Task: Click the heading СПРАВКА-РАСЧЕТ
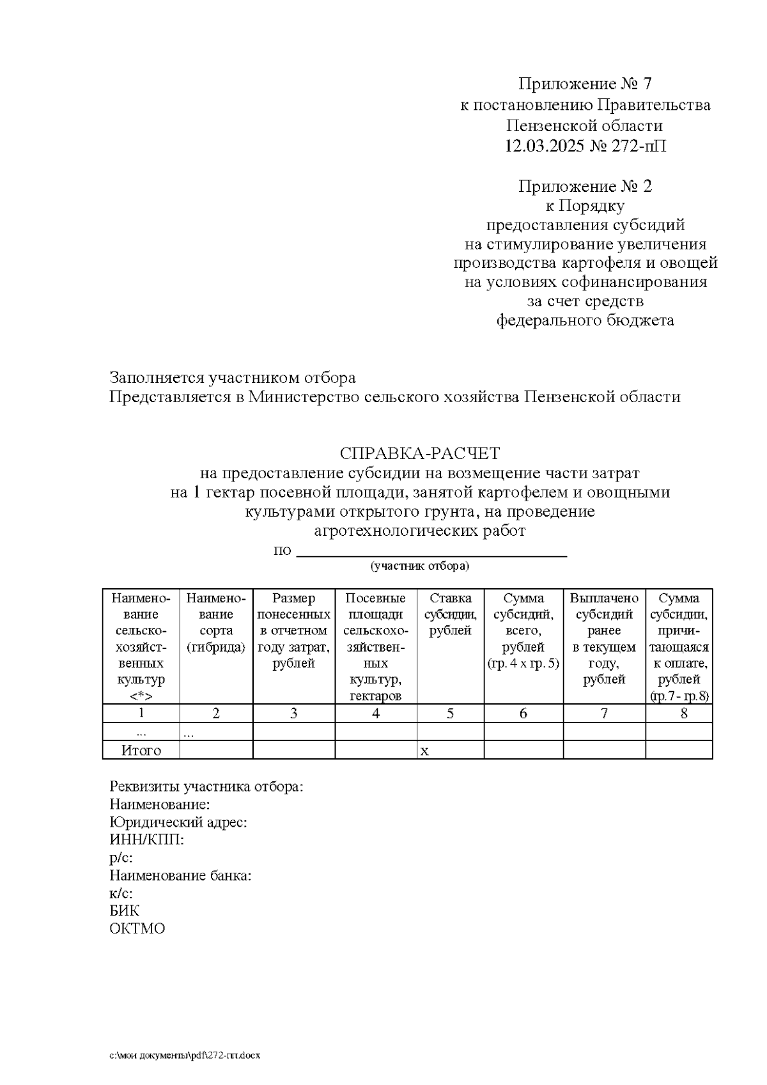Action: [x=419, y=454]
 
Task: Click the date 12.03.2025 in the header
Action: [x=544, y=146]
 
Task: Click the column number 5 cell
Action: [x=450, y=714]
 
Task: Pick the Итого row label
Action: [x=141, y=751]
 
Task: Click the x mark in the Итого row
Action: [x=424, y=751]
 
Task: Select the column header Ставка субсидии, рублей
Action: [x=450, y=614]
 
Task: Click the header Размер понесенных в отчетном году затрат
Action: [x=293, y=631]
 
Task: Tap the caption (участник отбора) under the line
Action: [x=419, y=566]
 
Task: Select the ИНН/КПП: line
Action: [x=147, y=839]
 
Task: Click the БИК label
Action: [x=124, y=910]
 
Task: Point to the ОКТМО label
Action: [x=137, y=928]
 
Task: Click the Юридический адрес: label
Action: [x=178, y=822]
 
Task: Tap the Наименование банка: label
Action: [x=180, y=875]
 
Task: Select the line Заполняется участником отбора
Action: [x=233, y=378]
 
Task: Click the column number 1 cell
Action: [x=141, y=714]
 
